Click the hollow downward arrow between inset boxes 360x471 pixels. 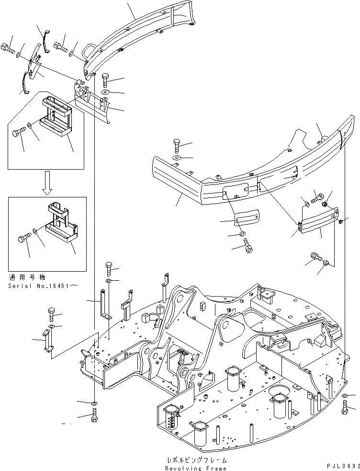pyautogui.click(x=46, y=183)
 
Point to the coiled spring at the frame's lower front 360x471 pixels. pyautogui.click(x=171, y=420)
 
